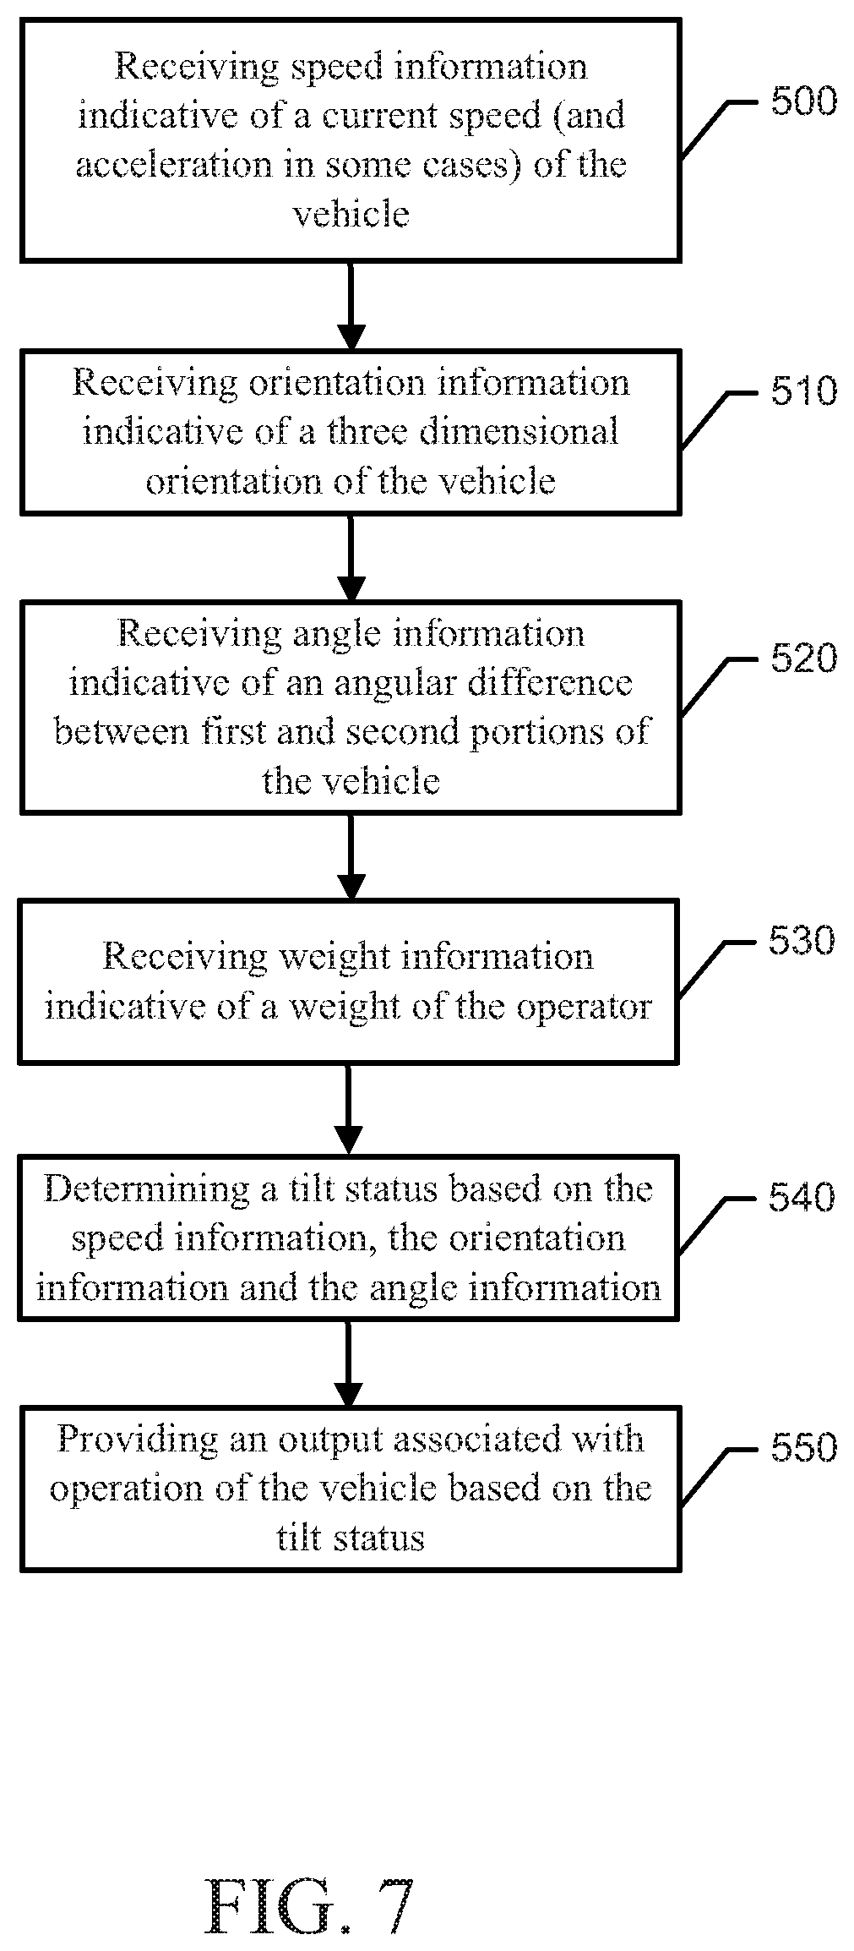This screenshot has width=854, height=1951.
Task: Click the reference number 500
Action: (x=803, y=101)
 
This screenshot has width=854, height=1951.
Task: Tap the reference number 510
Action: (x=803, y=391)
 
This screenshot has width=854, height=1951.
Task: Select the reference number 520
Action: (x=803, y=658)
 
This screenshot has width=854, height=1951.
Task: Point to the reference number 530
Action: (x=802, y=940)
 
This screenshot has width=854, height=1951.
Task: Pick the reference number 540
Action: (x=802, y=1197)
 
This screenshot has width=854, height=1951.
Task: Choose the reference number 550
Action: (x=803, y=1447)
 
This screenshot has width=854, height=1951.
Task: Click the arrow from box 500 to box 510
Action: (x=351, y=306)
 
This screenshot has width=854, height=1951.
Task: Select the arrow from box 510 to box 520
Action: (x=351, y=557)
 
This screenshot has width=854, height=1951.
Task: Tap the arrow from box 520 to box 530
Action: (x=351, y=856)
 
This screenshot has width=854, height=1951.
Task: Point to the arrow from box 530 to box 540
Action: (x=348, y=1108)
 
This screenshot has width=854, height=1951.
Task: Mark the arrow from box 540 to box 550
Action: (x=348, y=1363)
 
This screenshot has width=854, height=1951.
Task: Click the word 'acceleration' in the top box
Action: (x=174, y=164)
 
